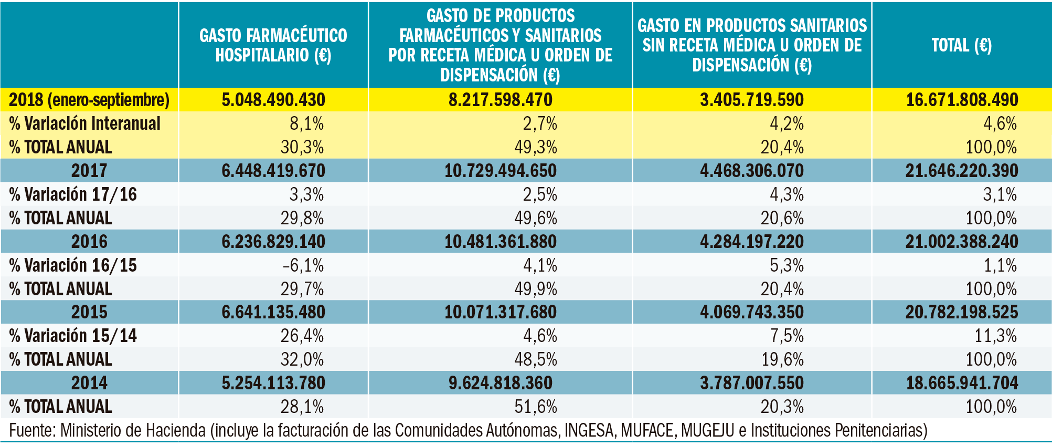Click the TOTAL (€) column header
point(961,45)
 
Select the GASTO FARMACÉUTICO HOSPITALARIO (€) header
point(273,45)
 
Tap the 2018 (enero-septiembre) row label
point(89,100)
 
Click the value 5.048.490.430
point(273,100)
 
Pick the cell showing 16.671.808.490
point(962,100)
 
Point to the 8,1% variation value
point(306,123)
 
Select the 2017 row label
point(89,171)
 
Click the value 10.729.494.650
point(500,171)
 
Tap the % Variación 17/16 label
point(73,194)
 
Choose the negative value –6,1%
point(303,265)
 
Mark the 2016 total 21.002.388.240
point(962,242)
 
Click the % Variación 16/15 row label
point(73,265)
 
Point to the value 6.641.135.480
point(273,312)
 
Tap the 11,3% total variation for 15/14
point(995,336)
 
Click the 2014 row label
point(89,383)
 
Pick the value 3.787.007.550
point(751,383)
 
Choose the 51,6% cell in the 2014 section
point(536,407)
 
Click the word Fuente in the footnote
point(31,431)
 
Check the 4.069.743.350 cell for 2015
point(751,312)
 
